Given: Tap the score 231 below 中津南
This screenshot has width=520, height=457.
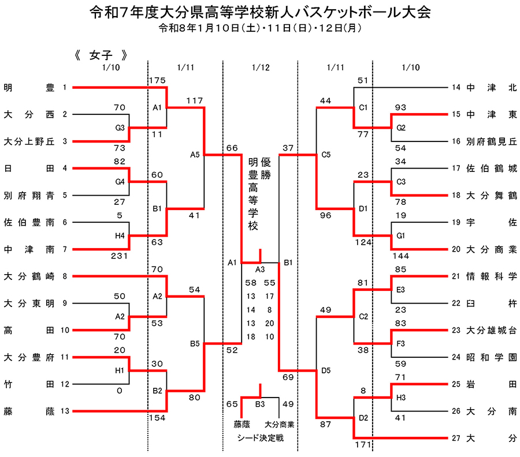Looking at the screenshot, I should click(120, 256).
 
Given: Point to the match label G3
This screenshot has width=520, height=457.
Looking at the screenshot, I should click(120, 127).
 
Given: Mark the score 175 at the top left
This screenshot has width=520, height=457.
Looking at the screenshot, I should click(157, 80).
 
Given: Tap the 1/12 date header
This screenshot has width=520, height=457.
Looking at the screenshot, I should click(261, 68).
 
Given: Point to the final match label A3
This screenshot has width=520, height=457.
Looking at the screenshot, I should click(260, 269).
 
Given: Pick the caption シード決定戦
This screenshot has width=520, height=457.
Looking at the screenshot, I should click(261, 438).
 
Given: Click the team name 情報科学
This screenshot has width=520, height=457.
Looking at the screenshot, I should click(492, 276).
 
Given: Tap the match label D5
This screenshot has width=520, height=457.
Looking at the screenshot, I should click(325, 371).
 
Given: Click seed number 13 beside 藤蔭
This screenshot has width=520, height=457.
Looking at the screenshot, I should click(65, 411).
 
